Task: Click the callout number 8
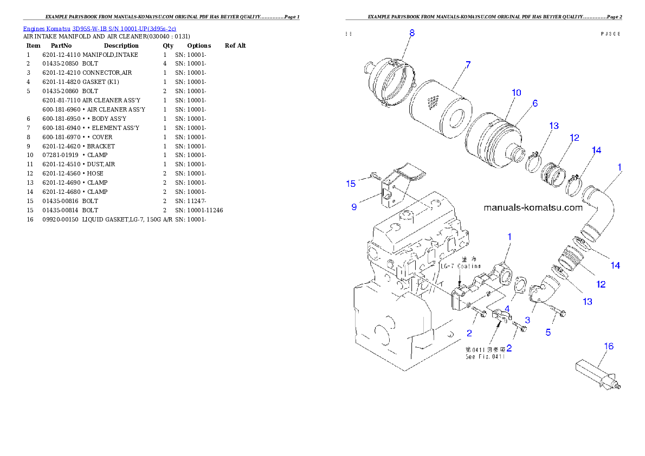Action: coord(412,33)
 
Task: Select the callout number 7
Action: coord(467,64)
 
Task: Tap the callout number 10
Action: coord(516,93)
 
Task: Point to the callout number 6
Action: coord(535,103)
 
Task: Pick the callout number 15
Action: coord(351,184)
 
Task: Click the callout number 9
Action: coord(354,207)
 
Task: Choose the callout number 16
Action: coord(609,346)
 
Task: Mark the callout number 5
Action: coord(548,333)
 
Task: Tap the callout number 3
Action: coord(527,321)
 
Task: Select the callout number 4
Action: coord(507,309)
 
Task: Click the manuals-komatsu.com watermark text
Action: coord(533,207)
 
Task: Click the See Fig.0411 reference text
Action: coord(485,356)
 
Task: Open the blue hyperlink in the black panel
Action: coord(99,28)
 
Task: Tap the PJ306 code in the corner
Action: coord(610,34)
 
